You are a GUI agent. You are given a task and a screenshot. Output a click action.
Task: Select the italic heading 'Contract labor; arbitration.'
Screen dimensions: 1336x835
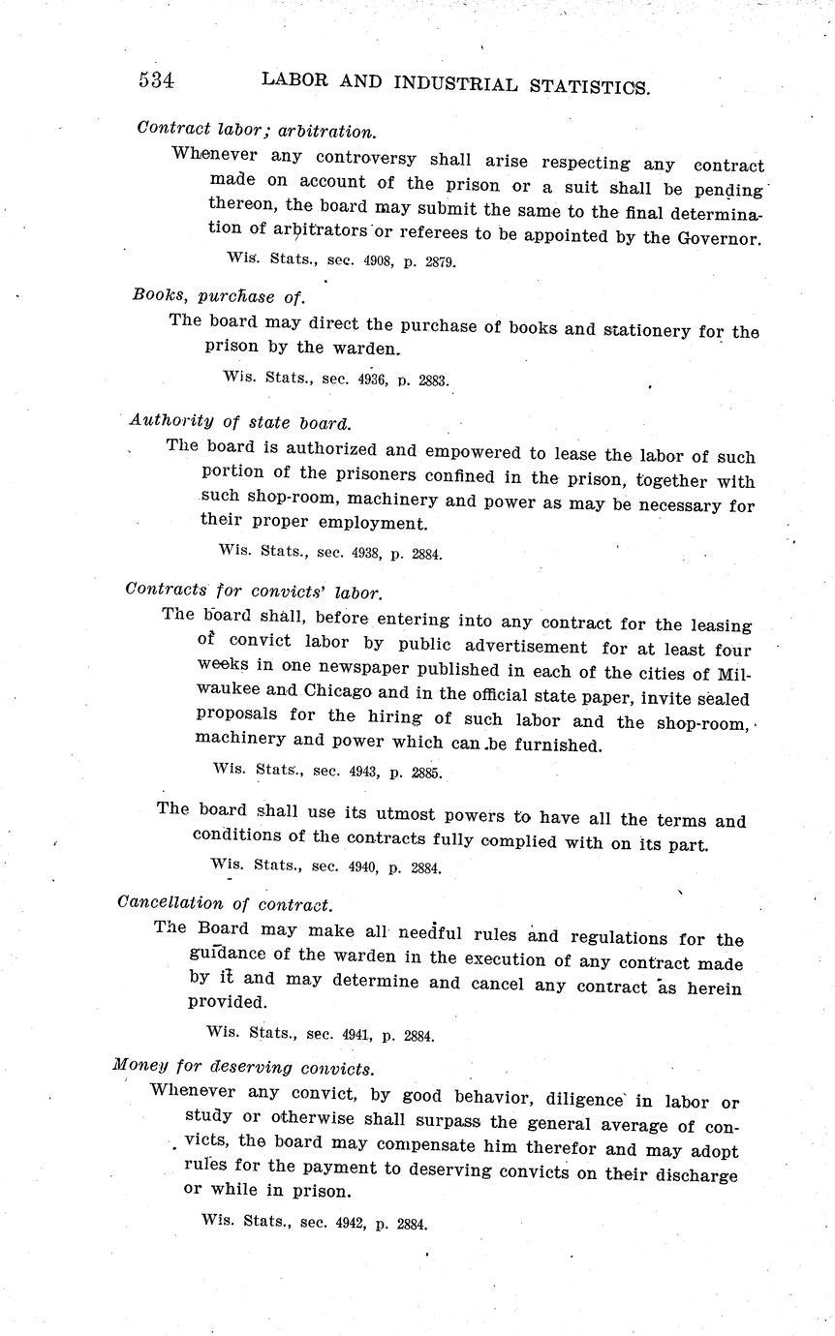point(256,130)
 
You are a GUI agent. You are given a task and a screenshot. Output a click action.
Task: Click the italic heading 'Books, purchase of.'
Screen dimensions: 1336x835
point(219,295)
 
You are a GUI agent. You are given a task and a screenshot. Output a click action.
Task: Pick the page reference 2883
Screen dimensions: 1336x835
point(432,381)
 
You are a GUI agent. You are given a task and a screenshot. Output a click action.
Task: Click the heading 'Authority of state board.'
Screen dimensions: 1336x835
point(239,422)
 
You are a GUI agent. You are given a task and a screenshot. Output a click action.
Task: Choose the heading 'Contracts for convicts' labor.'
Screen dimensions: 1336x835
point(254,590)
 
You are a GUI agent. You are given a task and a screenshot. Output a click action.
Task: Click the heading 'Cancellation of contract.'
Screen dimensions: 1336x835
point(225,904)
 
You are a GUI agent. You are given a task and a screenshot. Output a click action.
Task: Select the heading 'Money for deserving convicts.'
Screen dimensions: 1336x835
point(243,1067)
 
